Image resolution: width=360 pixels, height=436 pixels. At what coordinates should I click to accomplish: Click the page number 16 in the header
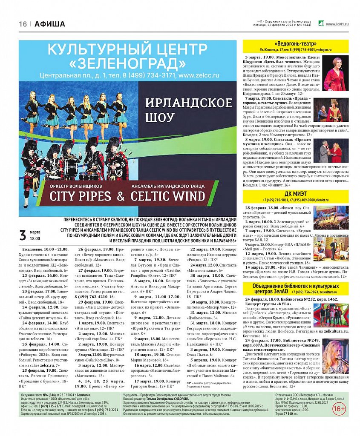(23, 24)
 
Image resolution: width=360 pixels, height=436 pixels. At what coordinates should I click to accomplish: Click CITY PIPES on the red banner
(81, 196)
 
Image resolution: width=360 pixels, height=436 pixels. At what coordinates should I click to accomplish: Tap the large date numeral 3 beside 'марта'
(23, 235)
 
